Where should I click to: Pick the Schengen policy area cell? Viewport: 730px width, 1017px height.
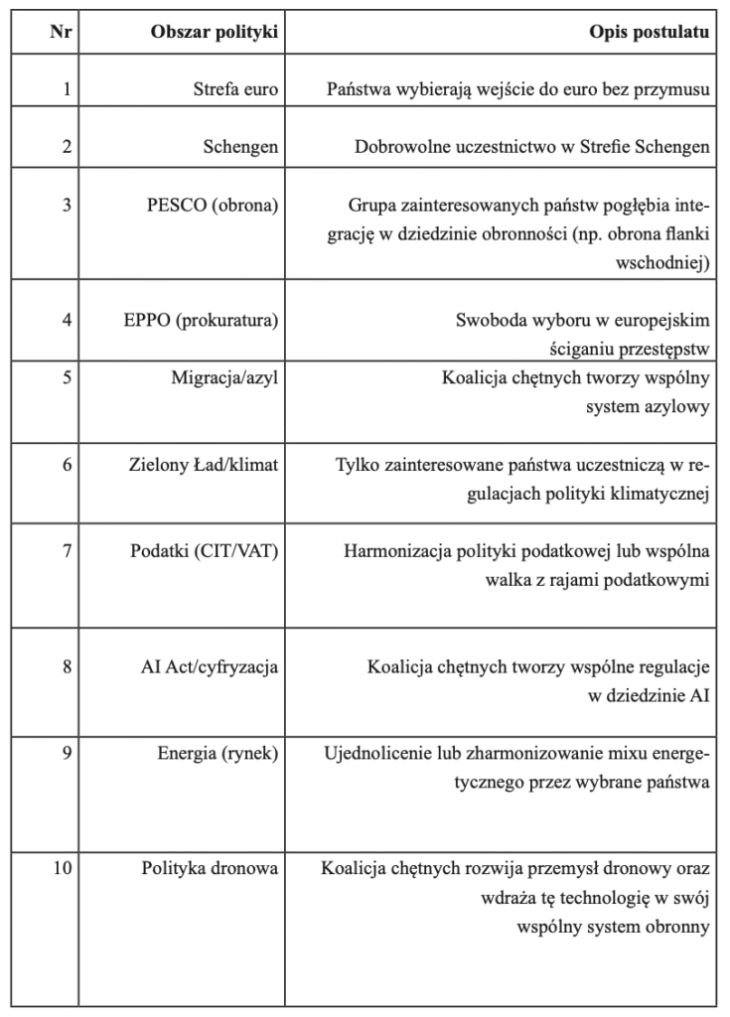[241, 147]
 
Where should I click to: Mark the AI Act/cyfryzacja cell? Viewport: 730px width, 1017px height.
[210, 666]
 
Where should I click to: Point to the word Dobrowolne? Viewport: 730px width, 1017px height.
[399, 147]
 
